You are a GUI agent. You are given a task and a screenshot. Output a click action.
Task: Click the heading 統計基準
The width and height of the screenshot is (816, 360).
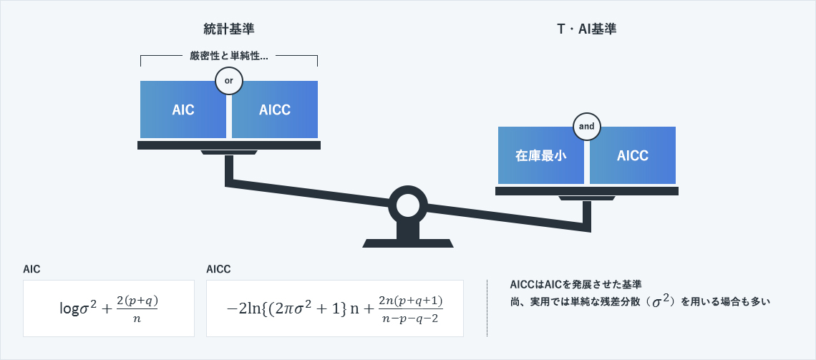coord(228,29)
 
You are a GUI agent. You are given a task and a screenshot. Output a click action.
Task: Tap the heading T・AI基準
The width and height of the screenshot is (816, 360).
coord(586,29)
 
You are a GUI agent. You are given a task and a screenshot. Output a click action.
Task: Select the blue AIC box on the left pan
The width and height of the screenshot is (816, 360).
coord(183,110)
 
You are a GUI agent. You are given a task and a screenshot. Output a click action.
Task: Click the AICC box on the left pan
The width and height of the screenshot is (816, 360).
coord(275,110)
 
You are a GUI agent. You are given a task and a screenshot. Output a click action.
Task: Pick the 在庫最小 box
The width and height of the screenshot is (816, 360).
coord(541,156)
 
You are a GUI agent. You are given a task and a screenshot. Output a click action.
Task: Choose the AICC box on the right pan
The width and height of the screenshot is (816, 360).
coord(633,156)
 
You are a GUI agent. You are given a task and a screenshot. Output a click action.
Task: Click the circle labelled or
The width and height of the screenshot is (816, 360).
coord(229,81)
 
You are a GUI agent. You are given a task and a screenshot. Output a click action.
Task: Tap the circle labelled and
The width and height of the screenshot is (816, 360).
coord(587,127)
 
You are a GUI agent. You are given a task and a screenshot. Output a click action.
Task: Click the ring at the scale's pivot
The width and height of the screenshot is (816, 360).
coord(408,205)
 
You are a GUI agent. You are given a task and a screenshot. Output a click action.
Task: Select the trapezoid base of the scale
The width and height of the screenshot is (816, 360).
coord(408,243)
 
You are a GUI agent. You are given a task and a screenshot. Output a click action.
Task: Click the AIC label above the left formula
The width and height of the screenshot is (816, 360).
coord(31,269)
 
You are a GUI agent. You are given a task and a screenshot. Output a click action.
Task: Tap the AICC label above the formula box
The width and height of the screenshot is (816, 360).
coord(218,269)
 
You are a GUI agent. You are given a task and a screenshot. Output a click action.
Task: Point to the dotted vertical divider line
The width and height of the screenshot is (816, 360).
coord(487,308)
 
